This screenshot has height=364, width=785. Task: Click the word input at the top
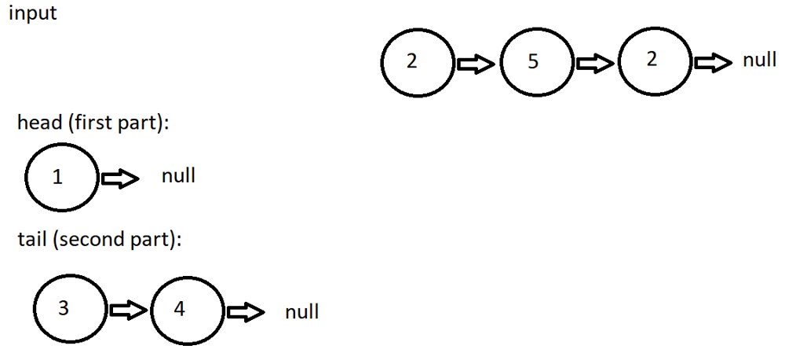[32, 13]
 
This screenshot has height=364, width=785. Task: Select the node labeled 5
[534, 62]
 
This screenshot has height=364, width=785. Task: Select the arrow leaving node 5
[594, 64]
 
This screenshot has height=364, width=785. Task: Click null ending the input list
[759, 61]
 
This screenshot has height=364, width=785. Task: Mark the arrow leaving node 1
[119, 179]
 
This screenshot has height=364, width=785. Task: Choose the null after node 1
[178, 176]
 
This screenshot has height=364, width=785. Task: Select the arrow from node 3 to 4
[127, 311]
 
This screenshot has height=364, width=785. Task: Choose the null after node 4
[301, 312]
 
